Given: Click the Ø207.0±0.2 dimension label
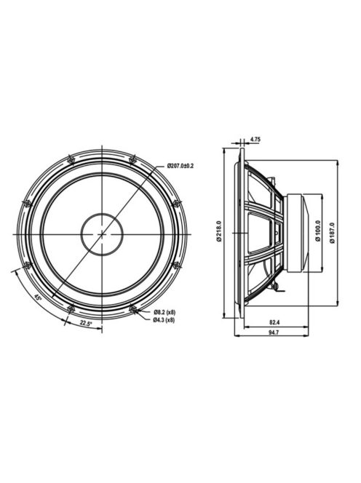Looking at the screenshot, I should coord(180,167).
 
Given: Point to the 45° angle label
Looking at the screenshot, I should coord(38,298).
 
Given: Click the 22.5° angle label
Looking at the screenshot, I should coord(86,323).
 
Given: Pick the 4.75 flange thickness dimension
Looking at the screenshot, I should coord(255,138).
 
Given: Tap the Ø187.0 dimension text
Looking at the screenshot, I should coord(332,233).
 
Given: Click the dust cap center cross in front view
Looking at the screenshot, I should coord(102,234).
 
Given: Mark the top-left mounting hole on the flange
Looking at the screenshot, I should coord(70,159).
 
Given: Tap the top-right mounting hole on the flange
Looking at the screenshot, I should coord(132,159).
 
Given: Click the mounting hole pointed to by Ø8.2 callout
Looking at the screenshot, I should coord(133,309).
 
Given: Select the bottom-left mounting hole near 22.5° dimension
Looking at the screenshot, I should coord(71,309).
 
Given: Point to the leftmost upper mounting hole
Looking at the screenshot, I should coord(26,203).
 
